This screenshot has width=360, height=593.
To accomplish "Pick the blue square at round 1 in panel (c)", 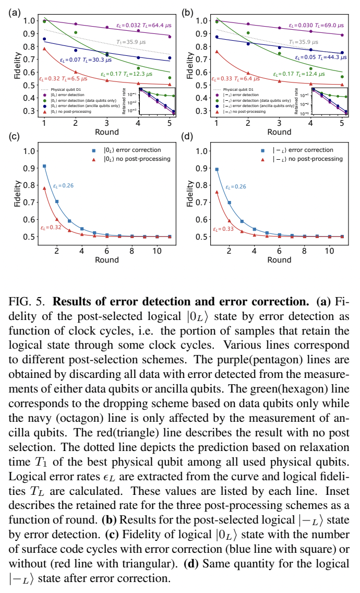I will tap(44, 166).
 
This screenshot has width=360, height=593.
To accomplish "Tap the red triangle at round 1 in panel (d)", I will tap(217, 192).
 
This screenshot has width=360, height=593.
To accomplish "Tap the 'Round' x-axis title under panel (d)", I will tap(279, 260).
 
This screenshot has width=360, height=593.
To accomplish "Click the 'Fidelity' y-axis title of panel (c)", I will tap(18, 194).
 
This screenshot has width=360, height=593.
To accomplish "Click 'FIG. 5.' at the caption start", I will tap(26, 302).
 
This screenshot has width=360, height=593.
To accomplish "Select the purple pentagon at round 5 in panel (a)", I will tap(169, 37).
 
